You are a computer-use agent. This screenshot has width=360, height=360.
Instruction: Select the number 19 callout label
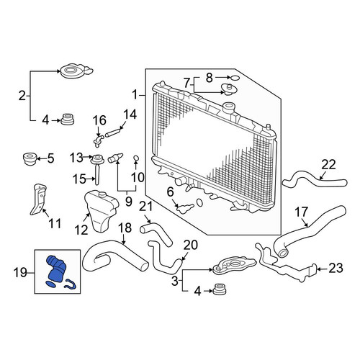[20, 273]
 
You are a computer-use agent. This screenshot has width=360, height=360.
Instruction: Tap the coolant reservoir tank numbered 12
[102, 211]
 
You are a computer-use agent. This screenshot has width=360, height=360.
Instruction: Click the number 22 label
[328, 165]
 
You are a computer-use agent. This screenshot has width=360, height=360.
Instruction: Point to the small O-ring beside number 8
[235, 78]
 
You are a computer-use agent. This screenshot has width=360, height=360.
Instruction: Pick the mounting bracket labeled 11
[38, 199]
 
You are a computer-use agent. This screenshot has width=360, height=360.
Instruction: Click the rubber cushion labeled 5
[30, 158]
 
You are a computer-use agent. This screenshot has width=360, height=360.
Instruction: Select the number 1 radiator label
[135, 95]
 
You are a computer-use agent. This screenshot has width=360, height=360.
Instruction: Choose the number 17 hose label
[302, 212]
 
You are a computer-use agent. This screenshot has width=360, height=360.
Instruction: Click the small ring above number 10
[136, 158]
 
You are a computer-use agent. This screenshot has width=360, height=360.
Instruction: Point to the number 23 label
[336, 269]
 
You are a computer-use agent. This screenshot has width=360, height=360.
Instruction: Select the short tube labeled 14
[112, 132]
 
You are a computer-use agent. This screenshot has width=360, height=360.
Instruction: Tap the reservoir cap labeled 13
[97, 159]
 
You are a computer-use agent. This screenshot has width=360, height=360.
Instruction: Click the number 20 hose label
[191, 245]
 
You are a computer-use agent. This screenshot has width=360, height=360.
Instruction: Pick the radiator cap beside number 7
[228, 89]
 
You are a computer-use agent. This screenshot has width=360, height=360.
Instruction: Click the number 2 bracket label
[22, 96]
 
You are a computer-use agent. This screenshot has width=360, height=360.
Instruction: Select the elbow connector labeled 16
[98, 140]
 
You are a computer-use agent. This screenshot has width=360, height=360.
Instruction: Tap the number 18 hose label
[125, 228]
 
